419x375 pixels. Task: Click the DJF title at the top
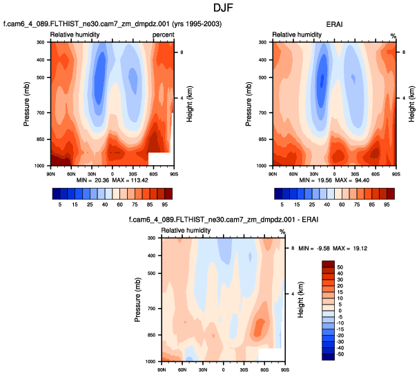[x=209, y=9]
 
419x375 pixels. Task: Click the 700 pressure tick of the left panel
[x=43, y=113]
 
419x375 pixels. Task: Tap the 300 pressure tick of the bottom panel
[x=152, y=238]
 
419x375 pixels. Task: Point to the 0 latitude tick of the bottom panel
[x=224, y=368]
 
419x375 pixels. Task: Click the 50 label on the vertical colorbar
[x=340, y=266]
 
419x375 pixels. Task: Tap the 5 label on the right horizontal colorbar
[x=282, y=205]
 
